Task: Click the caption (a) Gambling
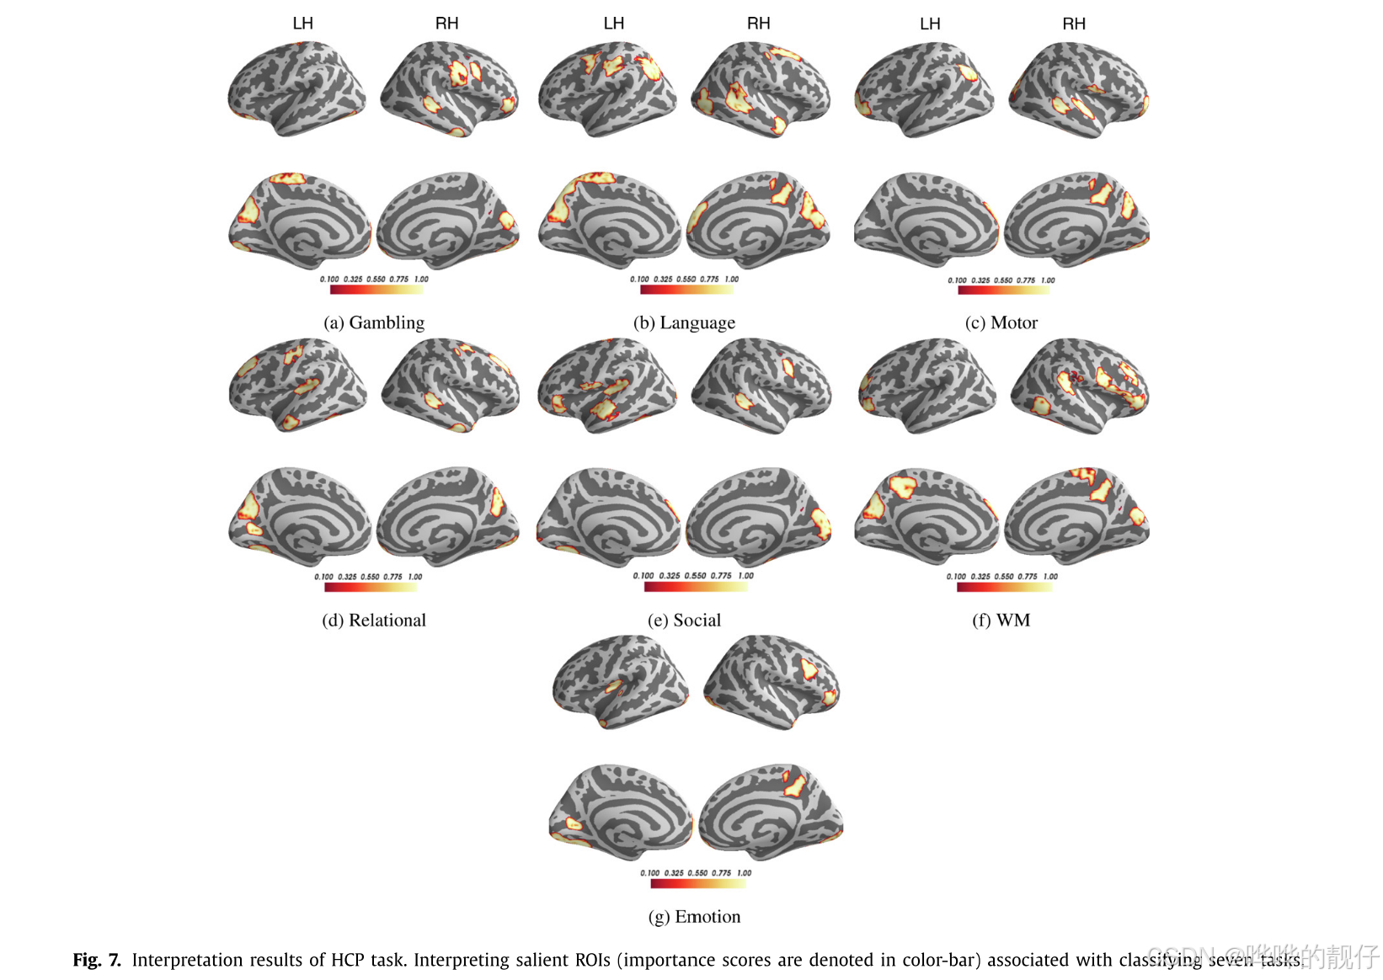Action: coord(374,322)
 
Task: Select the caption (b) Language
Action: coord(684,322)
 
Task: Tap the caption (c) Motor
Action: coord(1001,322)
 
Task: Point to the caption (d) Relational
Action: coord(374,620)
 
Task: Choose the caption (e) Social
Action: coord(684,620)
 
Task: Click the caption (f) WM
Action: coord(1001,620)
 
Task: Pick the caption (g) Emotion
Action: coord(694,917)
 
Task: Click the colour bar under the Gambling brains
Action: coord(376,290)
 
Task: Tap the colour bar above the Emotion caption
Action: coord(697,884)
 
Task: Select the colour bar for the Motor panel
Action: coord(1003,290)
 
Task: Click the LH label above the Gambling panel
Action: coord(302,24)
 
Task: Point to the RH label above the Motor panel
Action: coord(1073,24)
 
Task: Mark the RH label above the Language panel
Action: coord(758,24)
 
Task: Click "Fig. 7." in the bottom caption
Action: coord(97,960)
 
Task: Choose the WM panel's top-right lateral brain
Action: coord(1080,385)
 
